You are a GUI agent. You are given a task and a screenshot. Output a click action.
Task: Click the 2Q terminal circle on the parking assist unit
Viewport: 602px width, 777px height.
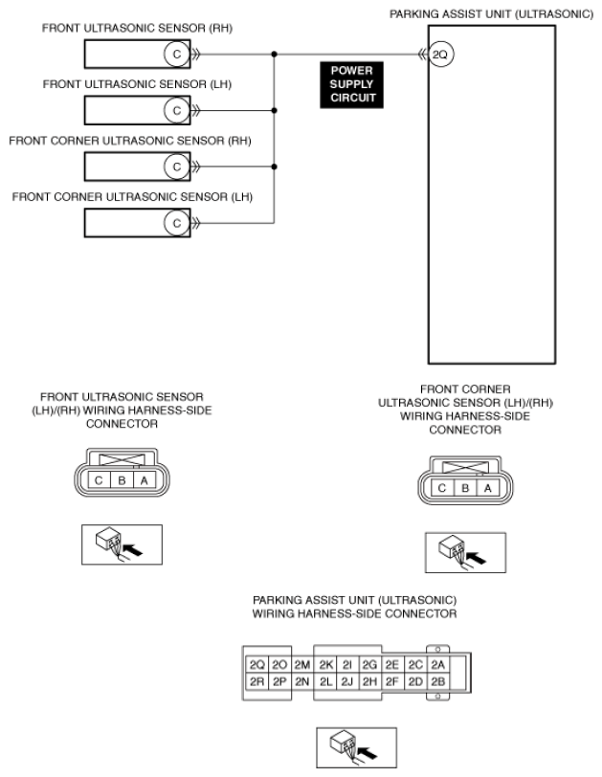tap(440, 54)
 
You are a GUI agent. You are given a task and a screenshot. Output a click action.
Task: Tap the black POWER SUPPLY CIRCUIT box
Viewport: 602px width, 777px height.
tap(351, 84)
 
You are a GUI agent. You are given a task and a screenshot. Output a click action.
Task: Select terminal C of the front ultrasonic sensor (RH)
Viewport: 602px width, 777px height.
tap(177, 54)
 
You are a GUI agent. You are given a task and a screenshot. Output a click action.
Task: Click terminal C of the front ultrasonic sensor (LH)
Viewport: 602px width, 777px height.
tap(177, 110)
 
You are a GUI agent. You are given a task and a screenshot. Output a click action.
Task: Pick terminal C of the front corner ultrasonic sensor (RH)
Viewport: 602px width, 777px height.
tap(177, 167)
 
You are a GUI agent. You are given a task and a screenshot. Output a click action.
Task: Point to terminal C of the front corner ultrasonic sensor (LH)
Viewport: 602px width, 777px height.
tap(177, 223)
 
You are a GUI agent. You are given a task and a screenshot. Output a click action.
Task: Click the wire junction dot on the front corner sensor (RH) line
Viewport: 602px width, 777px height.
tap(274, 167)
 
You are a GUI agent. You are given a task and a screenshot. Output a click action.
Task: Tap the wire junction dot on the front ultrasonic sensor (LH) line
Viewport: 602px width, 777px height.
tap(274, 110)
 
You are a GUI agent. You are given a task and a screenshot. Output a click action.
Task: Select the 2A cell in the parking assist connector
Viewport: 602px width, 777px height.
tap(437, 664)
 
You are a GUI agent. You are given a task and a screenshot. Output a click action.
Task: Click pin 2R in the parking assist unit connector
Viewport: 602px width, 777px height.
tap(257, 682)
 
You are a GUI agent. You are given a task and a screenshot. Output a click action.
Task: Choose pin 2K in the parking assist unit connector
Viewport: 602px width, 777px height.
tap(326, 664)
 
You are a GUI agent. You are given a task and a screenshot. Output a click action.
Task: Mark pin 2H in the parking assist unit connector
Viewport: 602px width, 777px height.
tap(369, 682)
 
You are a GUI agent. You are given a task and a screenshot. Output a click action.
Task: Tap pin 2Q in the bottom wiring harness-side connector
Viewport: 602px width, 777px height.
tap(257, 664)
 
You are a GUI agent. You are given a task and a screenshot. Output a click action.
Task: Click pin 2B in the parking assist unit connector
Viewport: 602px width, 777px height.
tap(437, 682)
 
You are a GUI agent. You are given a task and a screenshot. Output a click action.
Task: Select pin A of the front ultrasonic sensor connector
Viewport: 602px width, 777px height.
tap(145, 480)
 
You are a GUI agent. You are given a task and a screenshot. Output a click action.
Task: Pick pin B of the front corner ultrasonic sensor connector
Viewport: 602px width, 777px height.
tap(465, 488)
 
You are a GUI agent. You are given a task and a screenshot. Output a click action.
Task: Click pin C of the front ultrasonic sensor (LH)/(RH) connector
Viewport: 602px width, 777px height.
tap(99, 480)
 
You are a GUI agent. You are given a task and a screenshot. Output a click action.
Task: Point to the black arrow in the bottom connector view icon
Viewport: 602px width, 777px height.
tap(368, 753)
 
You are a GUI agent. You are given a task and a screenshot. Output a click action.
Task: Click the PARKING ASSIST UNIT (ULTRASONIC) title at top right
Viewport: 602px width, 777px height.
tap(491, 14)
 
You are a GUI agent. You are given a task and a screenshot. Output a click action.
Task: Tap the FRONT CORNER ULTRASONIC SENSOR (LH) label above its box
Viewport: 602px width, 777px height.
tap(132, 197)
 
